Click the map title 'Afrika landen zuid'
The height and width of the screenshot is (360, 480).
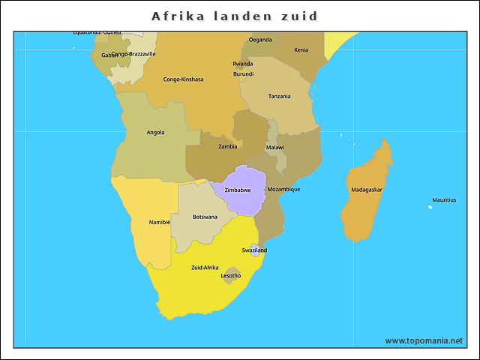[x=235, y=16]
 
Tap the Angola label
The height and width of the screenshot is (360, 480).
[x=155, y=133]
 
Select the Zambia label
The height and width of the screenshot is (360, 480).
[x=228, y=146]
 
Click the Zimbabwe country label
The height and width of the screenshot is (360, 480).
[x=238, y=190]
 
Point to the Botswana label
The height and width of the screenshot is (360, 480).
[x=205, y=217]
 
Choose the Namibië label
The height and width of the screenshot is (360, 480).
[x=160, y=222]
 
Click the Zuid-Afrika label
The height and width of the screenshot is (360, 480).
[x=205, y=267]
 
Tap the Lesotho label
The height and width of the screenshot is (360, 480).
[x=231, y=275]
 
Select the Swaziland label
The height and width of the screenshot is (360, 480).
[x=254, y=250]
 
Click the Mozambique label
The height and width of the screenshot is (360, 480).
[x=283, y=189]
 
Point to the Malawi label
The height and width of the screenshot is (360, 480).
[x=275, y=147]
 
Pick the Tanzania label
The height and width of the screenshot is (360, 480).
[x=280, y=96]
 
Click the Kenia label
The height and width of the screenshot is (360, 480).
[x=301, y=50]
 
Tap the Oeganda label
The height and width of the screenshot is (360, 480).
[x=260, y=40]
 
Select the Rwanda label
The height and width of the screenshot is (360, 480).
[x=243, y=64]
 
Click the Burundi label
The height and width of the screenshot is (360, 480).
[x=244, y=73]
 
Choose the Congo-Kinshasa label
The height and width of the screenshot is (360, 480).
[x=183, y=79]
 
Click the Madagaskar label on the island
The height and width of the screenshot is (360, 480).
[x=367, y=190]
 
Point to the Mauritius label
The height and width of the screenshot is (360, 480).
[x=443, y=200]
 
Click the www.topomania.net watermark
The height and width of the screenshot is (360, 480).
[x=424, y=340]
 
